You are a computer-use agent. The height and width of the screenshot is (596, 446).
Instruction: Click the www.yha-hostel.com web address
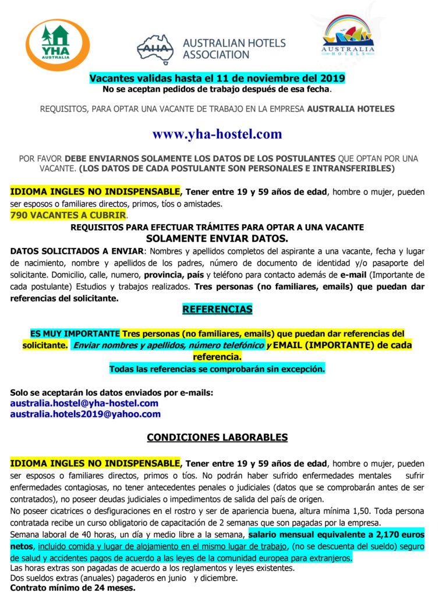point(217,134)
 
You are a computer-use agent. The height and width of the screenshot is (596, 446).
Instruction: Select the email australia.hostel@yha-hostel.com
point(84,403)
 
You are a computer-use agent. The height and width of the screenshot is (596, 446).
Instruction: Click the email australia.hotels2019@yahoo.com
point(86,414)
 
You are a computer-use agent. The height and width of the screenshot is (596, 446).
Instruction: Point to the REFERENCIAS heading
point(217,309)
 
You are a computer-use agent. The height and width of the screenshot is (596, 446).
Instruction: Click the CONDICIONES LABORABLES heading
point(217,437)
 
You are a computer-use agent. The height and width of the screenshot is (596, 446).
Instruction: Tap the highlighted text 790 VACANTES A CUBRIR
point(68,215)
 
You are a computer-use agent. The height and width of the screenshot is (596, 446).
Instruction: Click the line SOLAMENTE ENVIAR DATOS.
point(217,239)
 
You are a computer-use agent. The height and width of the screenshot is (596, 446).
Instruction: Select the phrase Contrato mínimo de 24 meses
point(73,588)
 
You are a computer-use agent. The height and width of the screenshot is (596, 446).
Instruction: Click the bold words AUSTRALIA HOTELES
point(351,109)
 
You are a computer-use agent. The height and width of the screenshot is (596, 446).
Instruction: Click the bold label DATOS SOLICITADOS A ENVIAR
point(76,251)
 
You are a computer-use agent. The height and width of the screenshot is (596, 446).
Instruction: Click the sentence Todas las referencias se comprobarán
point(217,368)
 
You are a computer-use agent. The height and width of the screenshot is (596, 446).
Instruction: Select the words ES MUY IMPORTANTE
point(75,334)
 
